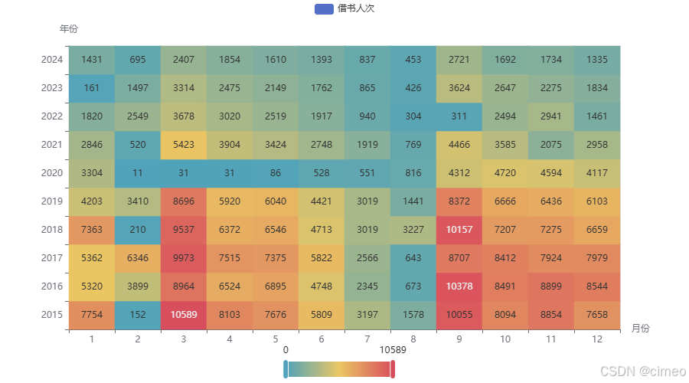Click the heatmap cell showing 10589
coord(184,315)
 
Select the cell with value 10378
coord(459,286)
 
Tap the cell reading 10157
coord(459,230)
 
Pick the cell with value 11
coord(138,173)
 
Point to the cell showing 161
coord(92,88)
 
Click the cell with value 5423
coord(184,145)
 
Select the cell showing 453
coord(413,60)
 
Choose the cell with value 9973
coord(184,258)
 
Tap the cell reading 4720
coord(505,173)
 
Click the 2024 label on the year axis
coord(52,60)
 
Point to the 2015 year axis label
coord(52,315)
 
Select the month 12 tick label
coord(597,339)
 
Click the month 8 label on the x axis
coord(413,339)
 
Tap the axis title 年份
coord(68,29)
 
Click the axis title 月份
coord(640,328)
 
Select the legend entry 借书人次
coord(344,8)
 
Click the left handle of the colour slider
coord(286,369)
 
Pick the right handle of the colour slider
coord(392,369)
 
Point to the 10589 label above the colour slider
coord(393,350)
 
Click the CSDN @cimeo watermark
coord(641,371)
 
